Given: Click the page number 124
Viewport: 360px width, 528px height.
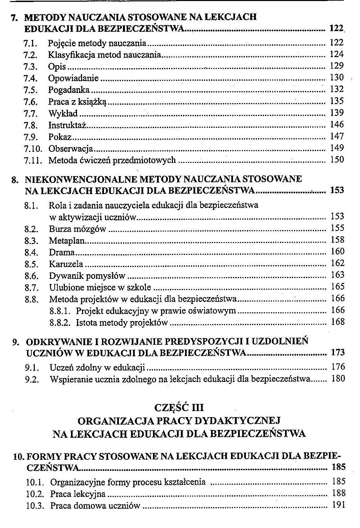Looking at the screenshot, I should click(x=337, y=54).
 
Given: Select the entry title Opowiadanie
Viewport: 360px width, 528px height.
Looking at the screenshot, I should click(x=73, y=78).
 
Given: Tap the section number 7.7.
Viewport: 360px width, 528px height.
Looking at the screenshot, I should click(x=30, y=114).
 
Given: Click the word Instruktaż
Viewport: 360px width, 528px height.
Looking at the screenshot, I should click(x=68, y=125).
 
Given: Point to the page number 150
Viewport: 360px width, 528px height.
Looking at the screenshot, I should click(x=337, y=160).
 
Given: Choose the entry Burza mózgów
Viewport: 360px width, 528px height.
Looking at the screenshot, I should click(x=77, y=229).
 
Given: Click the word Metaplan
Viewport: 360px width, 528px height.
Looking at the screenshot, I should click(x=67, y=241).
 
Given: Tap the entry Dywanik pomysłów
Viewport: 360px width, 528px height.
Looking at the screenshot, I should click(x=87, y=276).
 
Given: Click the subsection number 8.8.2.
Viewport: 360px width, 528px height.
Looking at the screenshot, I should click(x=60, y=322).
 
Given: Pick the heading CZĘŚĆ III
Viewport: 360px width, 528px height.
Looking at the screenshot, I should click(x=179, y=407).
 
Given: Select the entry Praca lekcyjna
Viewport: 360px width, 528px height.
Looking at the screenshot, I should click(x=78, y=494).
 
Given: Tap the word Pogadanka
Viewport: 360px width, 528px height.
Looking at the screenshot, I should click(x=69, y=90).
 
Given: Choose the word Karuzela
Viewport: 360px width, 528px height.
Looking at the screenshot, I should click(x=66, y=264).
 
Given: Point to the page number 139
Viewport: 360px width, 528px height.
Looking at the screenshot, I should click(x=337, y=113).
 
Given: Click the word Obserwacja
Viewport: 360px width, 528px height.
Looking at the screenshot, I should click(x=71, y=149).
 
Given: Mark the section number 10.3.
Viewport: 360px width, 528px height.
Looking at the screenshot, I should click(x=35, y=506).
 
